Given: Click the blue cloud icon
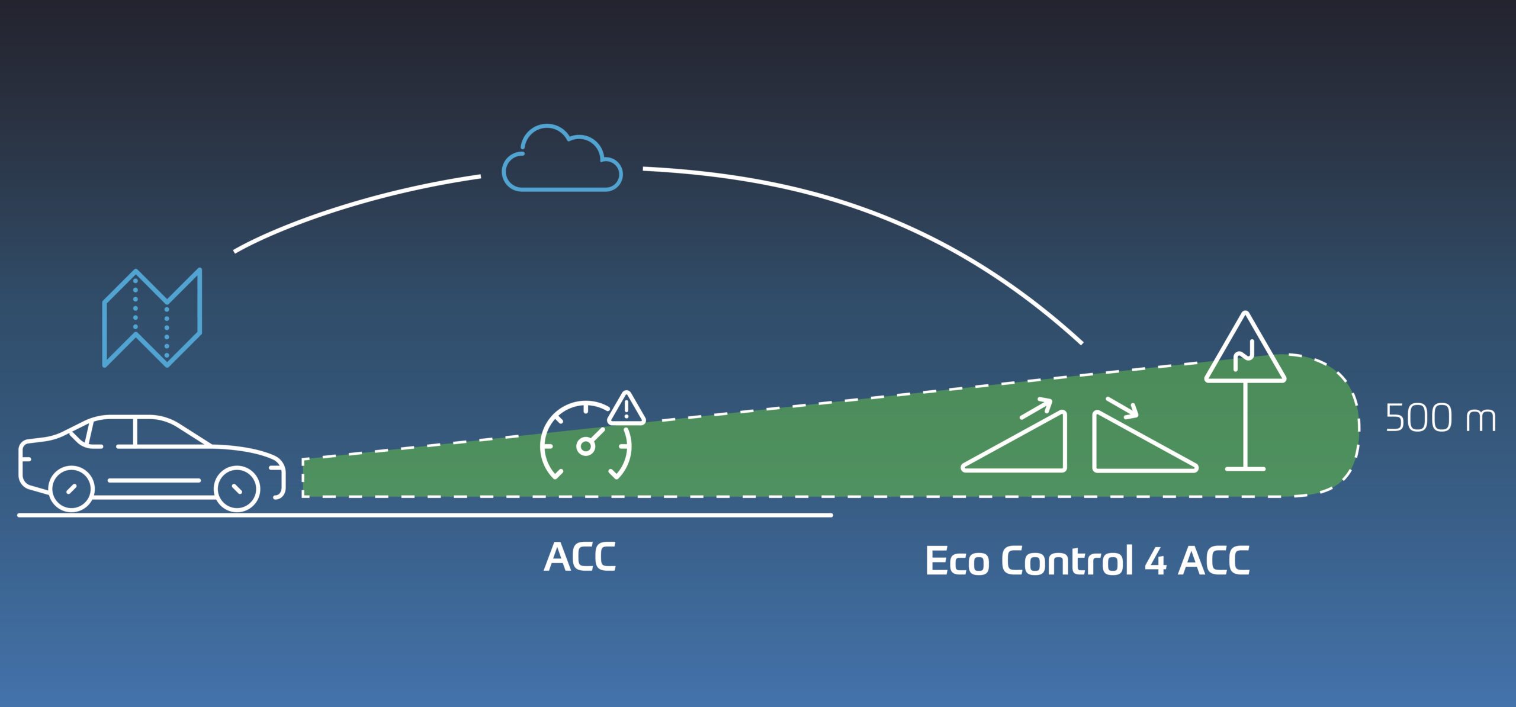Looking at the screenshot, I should (562, 160).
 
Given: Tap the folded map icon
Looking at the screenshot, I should (152, 318).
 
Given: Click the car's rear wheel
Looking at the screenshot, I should (71, 489).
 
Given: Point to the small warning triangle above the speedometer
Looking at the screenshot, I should (626, 409).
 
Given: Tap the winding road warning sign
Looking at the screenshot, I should (1245, 353).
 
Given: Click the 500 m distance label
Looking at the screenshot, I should (1440, 418).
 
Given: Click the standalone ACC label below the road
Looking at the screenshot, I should (580, 557).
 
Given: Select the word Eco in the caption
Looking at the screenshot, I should (956, 561).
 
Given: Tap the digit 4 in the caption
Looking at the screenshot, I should (1155, 561).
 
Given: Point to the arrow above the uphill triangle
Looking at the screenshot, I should (1036, 408).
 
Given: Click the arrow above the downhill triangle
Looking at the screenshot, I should (1122, 406).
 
